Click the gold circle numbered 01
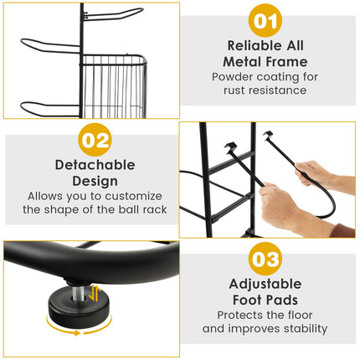(x=265, y=20)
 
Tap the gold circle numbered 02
(x=95, y=140)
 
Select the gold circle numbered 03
(x=265, y=259)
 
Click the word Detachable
(x=95, y=165)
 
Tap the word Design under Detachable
(x=95, y=182)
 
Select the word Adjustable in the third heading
(x=265, y=284)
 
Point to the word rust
(x=234, y=90)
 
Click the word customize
(x=133, y=196)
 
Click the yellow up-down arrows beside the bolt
(x=94, y=293)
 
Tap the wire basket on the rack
(x=114, y=86)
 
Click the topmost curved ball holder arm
(x=113, y=14)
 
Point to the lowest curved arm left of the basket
(x=50, y=109)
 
